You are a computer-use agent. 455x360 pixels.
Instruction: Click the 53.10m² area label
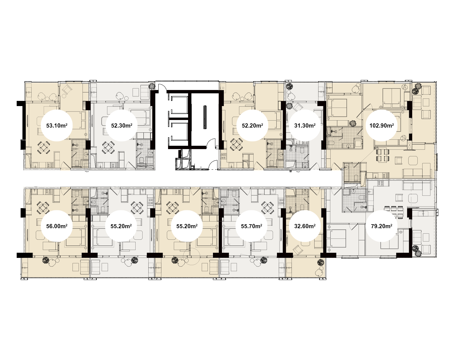click(x=57, y=125)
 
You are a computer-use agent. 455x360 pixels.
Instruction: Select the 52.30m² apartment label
click(x=122, y=125)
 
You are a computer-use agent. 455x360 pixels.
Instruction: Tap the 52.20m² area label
click(x=252, y=125)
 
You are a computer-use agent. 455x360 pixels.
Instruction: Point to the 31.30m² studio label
click(x=305, y=125)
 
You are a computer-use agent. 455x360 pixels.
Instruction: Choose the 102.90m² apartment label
click(x=381, y=125)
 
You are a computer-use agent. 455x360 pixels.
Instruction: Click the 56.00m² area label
click(x=57, y=226)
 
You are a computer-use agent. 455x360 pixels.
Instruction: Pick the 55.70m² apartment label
click(x=251, y=226)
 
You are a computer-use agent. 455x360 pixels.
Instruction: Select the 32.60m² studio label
click(x=305, y=226)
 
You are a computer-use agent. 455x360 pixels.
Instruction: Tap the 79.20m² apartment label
click(x=381, y=226)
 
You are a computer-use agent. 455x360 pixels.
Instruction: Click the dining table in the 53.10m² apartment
click(x=44, y=147)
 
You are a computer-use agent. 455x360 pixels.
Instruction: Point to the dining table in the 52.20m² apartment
click(x=236, y=145)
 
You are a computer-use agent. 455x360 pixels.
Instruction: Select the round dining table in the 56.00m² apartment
click(x=43, y=208)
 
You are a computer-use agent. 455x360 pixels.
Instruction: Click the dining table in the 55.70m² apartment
click(x=268, y=208)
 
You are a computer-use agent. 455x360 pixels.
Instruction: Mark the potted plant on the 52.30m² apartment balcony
click(x=152, y=86)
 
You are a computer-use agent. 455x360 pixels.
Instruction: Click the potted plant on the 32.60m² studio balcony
click(x=321, y=263)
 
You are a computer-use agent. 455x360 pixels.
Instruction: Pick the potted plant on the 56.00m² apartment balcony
click(x=45, y=260)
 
